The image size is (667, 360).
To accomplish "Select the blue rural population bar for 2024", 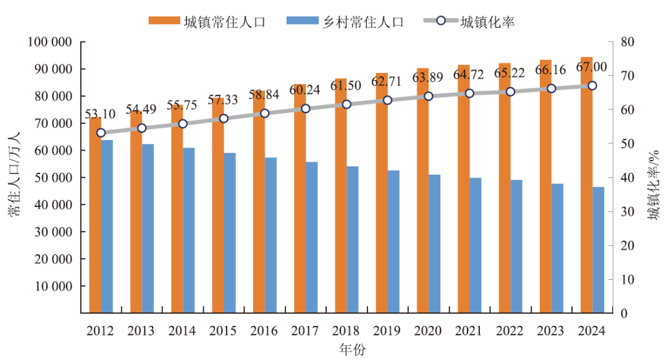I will [598, 250].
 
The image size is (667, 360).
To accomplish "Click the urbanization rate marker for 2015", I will [224, 119].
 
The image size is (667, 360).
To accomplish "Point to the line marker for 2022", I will [510, 91].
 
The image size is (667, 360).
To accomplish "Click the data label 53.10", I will [100, 114].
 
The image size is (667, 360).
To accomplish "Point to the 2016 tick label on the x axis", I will [264, 331].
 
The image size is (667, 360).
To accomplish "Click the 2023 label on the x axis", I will [551, 331].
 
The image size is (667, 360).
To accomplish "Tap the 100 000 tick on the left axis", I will [50, 42].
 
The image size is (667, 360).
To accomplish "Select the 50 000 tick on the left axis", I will [52, 178].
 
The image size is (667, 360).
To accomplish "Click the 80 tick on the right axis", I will [627, 42].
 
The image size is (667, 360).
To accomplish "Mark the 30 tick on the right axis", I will [627, 212].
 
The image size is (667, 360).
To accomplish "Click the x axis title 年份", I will [352, 350].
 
